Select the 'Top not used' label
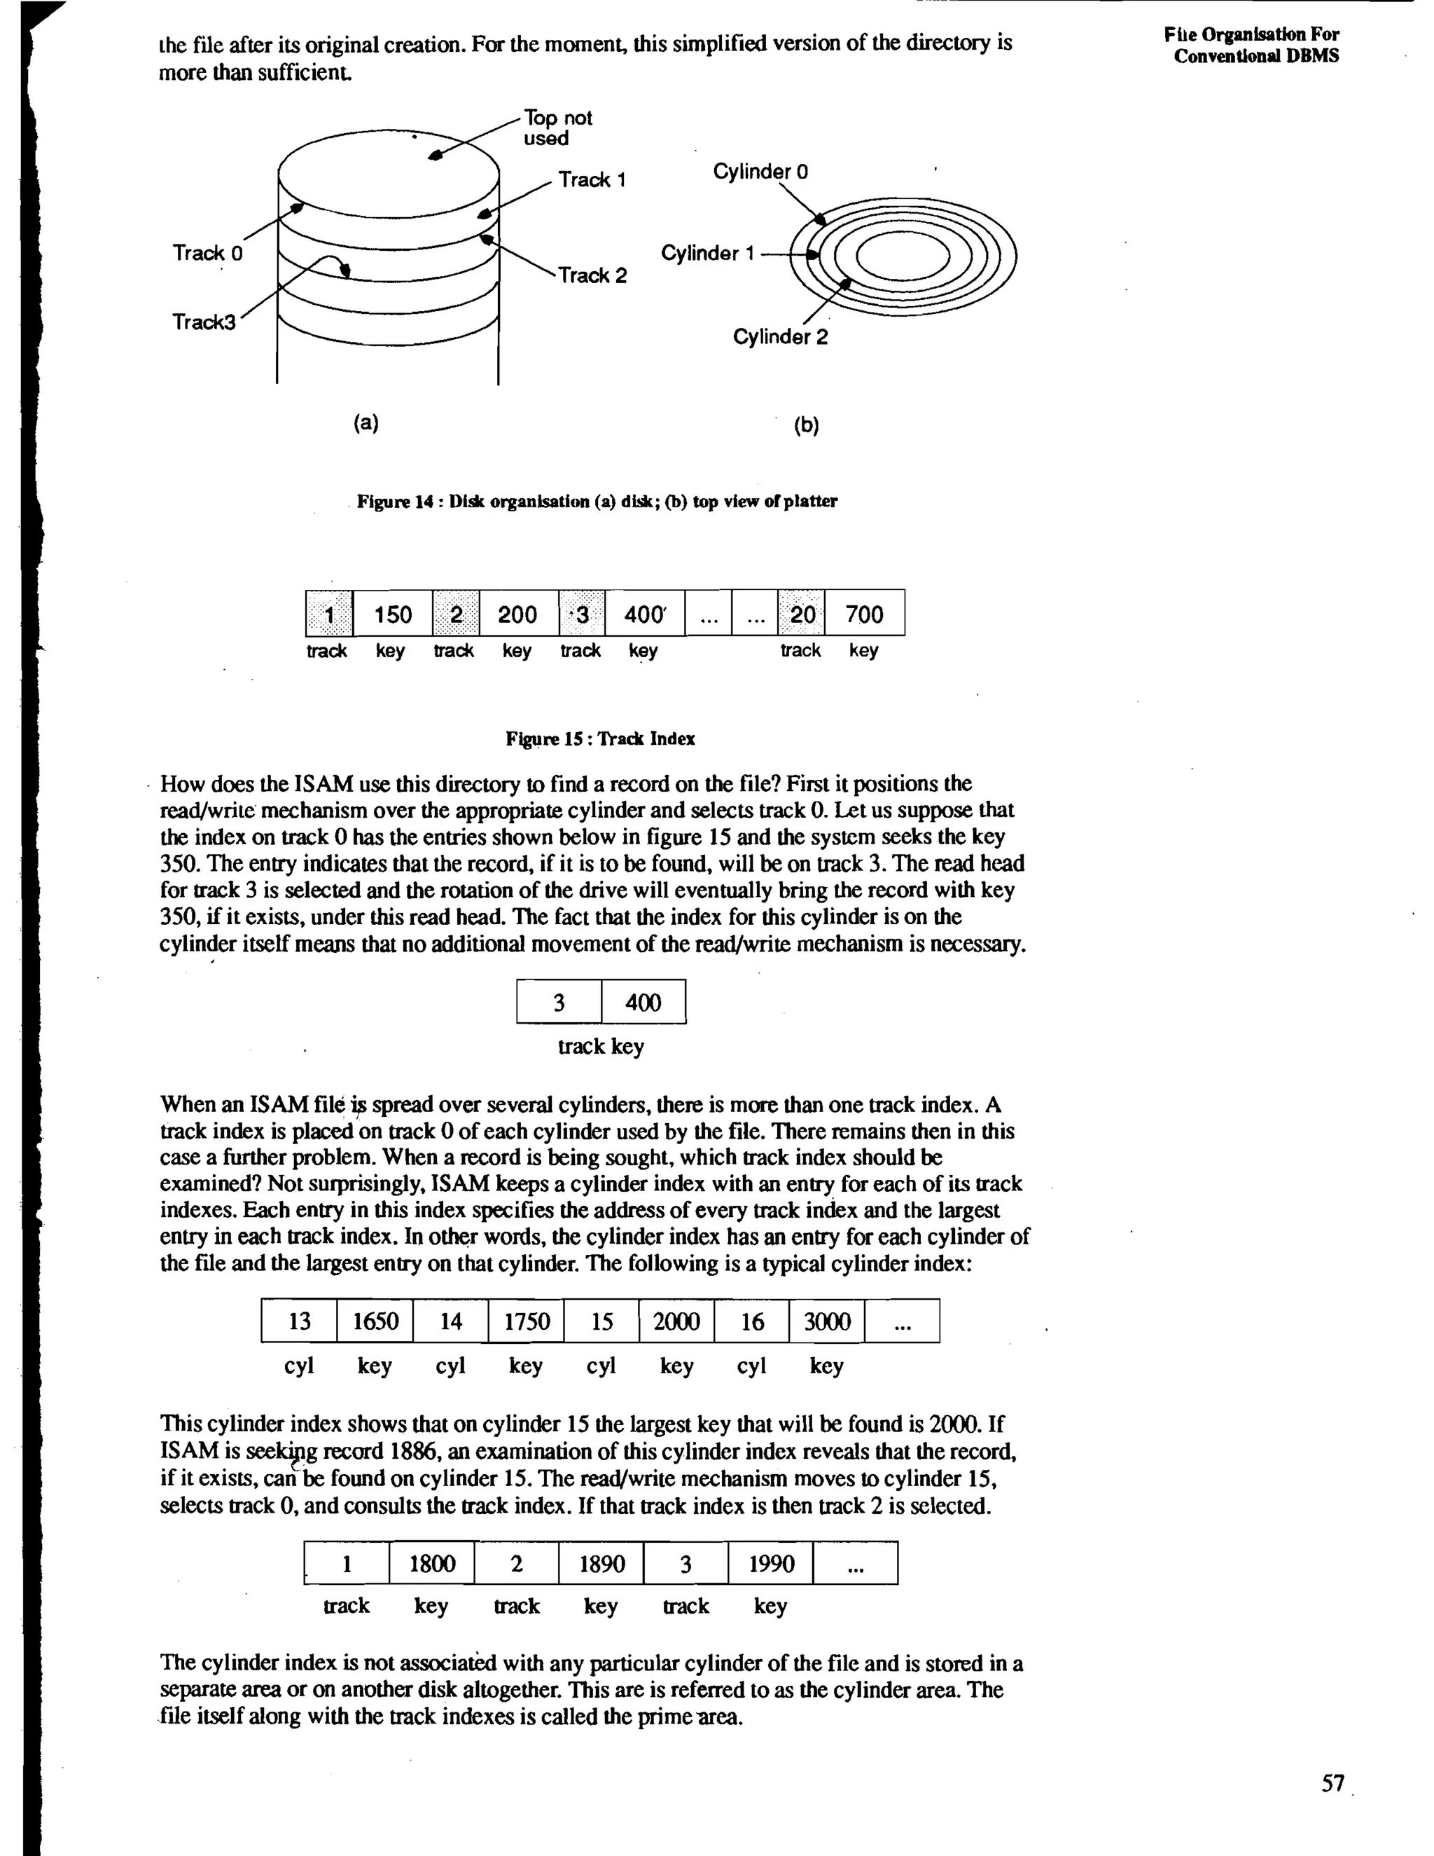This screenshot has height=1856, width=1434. coord(557,128)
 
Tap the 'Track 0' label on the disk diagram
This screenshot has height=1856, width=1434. coord(207,252)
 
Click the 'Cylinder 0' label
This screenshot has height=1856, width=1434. coord(760,171)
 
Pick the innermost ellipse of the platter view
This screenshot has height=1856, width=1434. coord(902,256)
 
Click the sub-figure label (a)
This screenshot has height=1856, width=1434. coord(366,422)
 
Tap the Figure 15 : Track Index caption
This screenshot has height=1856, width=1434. coord(600,738)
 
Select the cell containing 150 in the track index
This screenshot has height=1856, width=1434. coord(393,614)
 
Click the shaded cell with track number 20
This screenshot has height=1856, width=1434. coord(802,614)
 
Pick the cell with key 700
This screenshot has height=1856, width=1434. coord(864,614)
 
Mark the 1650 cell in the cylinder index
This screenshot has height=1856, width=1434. coord(375,1321)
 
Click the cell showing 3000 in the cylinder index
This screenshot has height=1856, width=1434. coord(827,1321)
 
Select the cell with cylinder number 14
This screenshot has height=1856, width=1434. coord(450,1321)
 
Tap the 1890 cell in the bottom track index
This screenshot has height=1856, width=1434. coord(601,1563)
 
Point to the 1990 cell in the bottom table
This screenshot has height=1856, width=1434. coord(770,1563)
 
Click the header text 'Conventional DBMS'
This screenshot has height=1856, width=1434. coord(1255,56)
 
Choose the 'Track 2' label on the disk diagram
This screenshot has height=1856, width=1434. coord(592,275)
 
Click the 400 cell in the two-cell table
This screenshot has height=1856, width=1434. coord(643,1002)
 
